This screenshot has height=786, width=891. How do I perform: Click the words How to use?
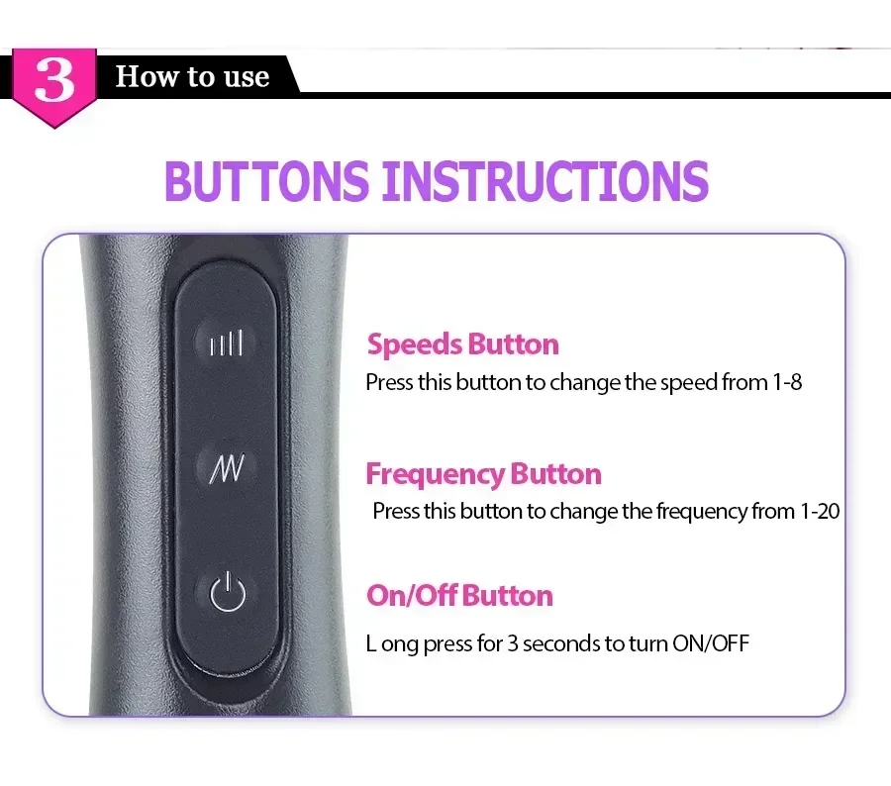pyautogui.click(x=193, y=76)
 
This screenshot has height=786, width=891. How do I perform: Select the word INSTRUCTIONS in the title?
pyautogui.click(x=545, y=181)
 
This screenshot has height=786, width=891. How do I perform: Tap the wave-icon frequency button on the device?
pyautogui.click(x=227, y=468)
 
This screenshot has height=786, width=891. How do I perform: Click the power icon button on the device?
pyautogui.click(x=228, y=592)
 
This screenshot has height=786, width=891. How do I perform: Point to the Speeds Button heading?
pyautogui.click(x=462, y=344)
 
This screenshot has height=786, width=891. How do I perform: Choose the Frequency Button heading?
pyautogui.click(x=483, y=474)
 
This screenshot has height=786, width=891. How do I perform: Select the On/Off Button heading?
pyautogui.click(x=459, y=596)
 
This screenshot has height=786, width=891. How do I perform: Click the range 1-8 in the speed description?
pyautogui.click(x=787, y=382)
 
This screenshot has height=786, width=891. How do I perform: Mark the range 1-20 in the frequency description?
pyautogui.click(x=820, y=512)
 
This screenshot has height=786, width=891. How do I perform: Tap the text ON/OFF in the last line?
pyautogui.click(x=710, y=643)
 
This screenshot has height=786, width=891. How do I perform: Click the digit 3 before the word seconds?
pyautogui.click(x=513, y=643)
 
